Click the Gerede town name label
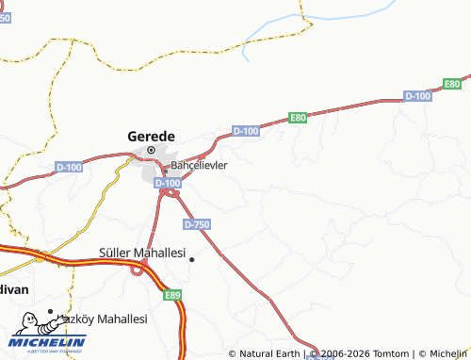point(151,136)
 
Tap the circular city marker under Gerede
point(151,150)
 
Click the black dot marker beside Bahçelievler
point(165,171)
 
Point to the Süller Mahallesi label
point(142,253)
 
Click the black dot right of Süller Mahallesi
point(191,259)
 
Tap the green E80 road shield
point(298,118)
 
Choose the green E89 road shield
point(171,295)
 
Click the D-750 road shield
point(196,224)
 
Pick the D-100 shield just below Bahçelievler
point(167,182)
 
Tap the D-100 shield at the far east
point(417,96)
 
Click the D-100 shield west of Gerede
point(69,167)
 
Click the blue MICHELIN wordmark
point(49,342)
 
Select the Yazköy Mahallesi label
point(104,319)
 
